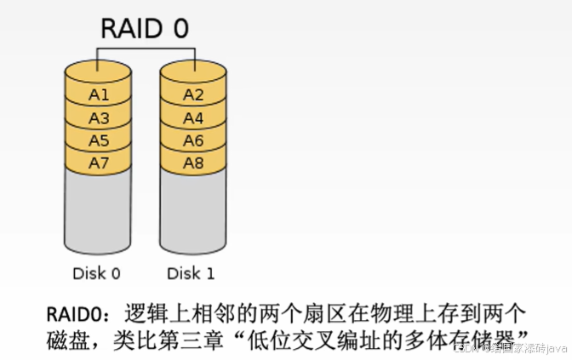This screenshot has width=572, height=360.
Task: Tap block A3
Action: point(99,117)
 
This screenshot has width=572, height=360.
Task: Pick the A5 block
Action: point(99,139)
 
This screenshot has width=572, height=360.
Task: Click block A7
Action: point(99,161)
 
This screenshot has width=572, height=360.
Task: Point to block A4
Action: point(193,117)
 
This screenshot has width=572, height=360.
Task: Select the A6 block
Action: point(193,139)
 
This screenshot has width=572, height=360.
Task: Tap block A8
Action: point(193,161)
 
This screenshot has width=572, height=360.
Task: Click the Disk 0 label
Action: point(95,273)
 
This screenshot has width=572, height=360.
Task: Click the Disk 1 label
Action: point(191,273)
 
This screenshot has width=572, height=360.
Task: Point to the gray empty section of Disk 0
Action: point(99,213)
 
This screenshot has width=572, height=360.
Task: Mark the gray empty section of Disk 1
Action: point(193,213)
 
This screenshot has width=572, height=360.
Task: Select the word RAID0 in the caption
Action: point(76,311)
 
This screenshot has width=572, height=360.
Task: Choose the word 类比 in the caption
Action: point(136,337)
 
